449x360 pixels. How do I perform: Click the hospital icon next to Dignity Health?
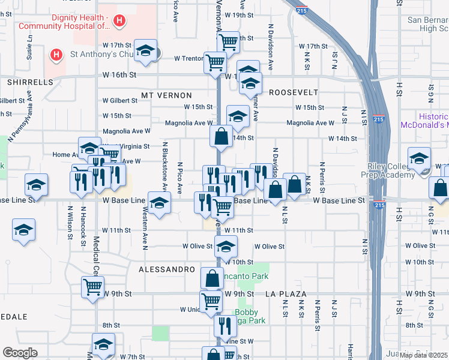pyautogui.click(x=119, y=21)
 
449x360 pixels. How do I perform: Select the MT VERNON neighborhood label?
pyautogui.click(x=166, y=95)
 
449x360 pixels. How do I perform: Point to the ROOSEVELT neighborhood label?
pyautogui.click(x=293, y=92)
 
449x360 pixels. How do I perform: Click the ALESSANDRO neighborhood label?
pyautogui.click(x=167, y=270)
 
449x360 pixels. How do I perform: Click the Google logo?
pyautogui.click(x=20, y=353)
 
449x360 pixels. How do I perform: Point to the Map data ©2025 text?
pyautogui.click(x=423, y=355)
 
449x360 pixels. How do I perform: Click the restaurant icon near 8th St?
pyautogui.click(x=221, y=326)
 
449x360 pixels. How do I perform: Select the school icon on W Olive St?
pyautogui.click(x=226, y=246)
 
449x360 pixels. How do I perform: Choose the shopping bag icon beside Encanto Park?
pyautogui.click(x=211, y=278)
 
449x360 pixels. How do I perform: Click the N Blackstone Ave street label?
pyautogui.click(x=164, y=169)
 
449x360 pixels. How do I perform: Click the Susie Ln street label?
pyautogui.click(x=29, y=45)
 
